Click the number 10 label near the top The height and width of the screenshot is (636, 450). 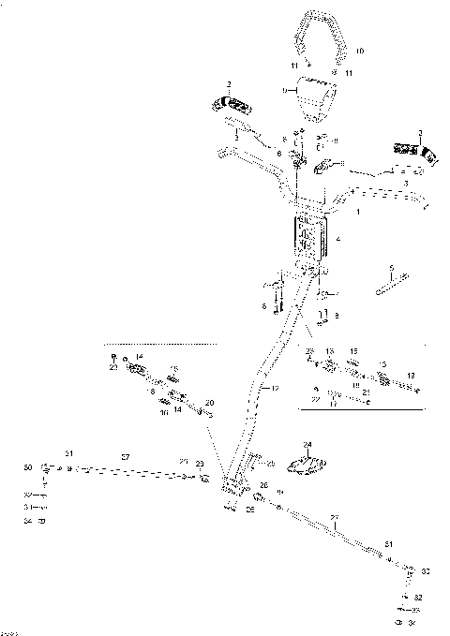pos(361,49)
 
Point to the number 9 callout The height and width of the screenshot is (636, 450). pos(285,90)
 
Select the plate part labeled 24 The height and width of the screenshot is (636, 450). pos(310,465)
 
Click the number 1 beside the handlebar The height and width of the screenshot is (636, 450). pos(358,214)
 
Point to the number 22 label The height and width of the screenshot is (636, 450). pos(316,399)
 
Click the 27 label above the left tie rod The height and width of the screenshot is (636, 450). pos(125,455)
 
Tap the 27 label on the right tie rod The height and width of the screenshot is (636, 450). pos(335,516)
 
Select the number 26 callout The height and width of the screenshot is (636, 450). pos(262,484)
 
